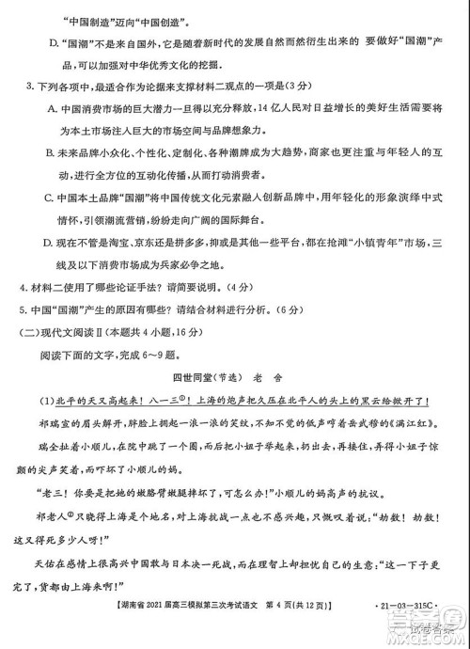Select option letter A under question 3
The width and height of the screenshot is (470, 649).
tap(51, 109)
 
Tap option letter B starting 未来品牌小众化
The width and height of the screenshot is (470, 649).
tap(51, 151)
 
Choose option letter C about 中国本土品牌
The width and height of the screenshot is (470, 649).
tap(51, 198)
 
